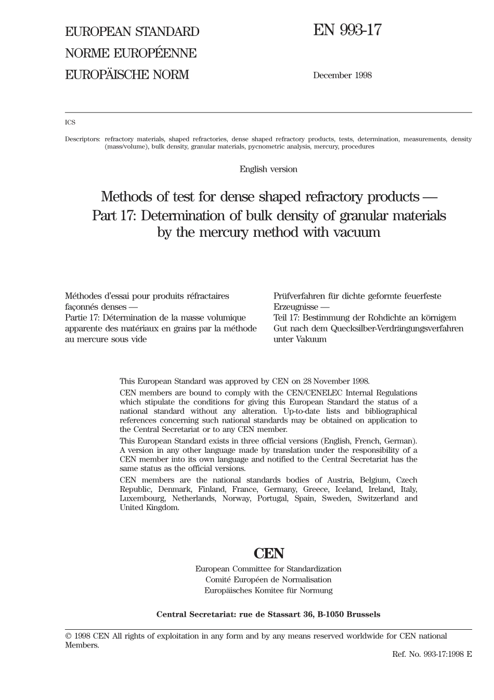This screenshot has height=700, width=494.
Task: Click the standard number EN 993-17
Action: pyautogui.click(x=347, y=31)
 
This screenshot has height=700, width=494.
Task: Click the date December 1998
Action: pyautogui.click(x=342, y=75)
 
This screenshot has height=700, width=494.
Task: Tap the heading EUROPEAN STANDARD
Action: pyautogui.click(x=132, y=32)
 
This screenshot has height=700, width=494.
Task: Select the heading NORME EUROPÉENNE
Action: pyautogui.click(x=131, y=53)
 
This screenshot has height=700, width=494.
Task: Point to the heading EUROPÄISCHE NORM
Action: pyautogui.click(x=127, y=75)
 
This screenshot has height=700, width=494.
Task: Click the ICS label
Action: pyautogui.click(x=70, y=122)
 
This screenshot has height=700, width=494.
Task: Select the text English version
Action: pyautogui.click(x=268, y=169)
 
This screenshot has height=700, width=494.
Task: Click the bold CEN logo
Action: pyautogui.click(x=269, y=553)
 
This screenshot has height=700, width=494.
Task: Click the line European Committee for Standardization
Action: pyautogui.click(x=268, y=569)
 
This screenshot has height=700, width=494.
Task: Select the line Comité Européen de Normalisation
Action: pyautogui.click(x=268, y=580)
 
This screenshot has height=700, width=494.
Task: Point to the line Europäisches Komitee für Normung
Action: pyautogui.click(x=268, y=591)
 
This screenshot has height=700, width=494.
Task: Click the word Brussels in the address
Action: pyautogui.click(x=363, y=614)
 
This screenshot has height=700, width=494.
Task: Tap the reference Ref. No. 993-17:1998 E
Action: pyautogui.click(x=432, y=654)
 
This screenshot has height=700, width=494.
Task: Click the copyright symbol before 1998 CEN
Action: pyautogui.click(x=68, y=636)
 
